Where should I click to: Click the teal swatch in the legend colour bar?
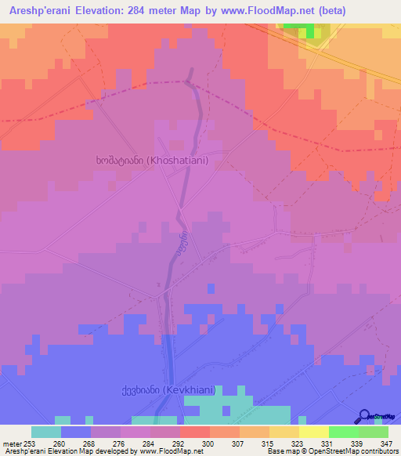(45, 432)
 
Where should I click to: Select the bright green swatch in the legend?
(343, 432)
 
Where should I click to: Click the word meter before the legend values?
(11, 443)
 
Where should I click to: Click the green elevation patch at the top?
(308, 31)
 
